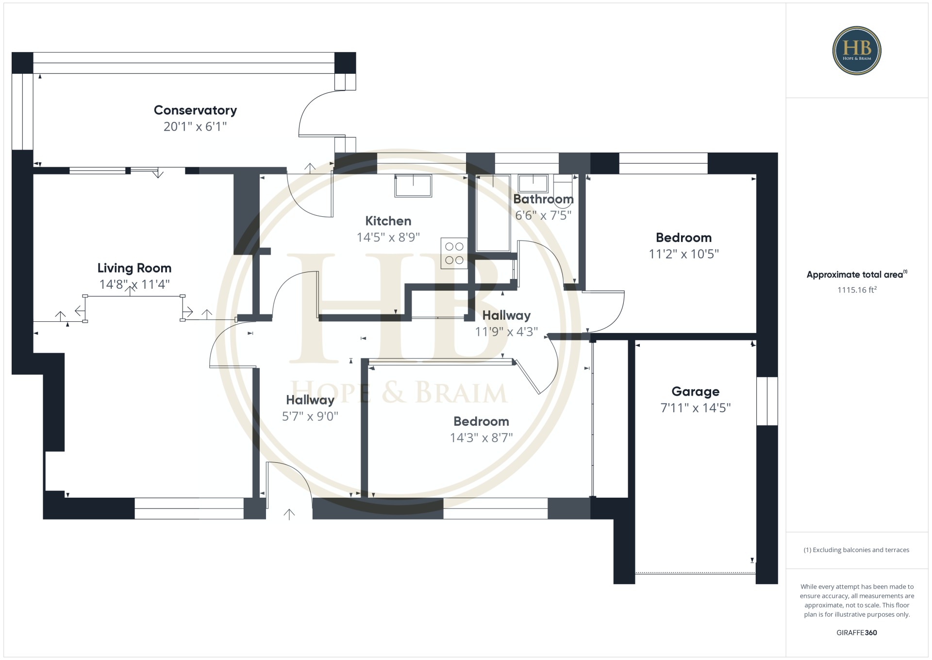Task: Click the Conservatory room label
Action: (195, 110)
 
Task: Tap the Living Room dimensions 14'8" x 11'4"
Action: (134, 284)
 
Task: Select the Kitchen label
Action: (388, 221)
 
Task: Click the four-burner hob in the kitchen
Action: (454, 253)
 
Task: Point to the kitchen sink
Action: (413, 185)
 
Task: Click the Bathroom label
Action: (543, 199)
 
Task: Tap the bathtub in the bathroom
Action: (493, 213)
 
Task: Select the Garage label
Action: (695, 392)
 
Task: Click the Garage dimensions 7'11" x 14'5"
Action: (696, 408)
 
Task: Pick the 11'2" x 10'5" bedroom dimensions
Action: (683, 254)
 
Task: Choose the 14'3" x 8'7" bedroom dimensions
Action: (481, 438)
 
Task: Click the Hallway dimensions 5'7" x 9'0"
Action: (310, 417)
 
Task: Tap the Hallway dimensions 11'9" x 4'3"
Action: (506, 332)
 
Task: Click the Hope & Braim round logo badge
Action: (857, 51)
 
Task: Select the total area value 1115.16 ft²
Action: (857, 290)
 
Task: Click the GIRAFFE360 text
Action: (857, 633)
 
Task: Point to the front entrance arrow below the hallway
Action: (289, 514)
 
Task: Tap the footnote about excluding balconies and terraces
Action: (857, 550)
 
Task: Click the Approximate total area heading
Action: (857, 275)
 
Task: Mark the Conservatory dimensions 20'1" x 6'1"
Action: (195, 127)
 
